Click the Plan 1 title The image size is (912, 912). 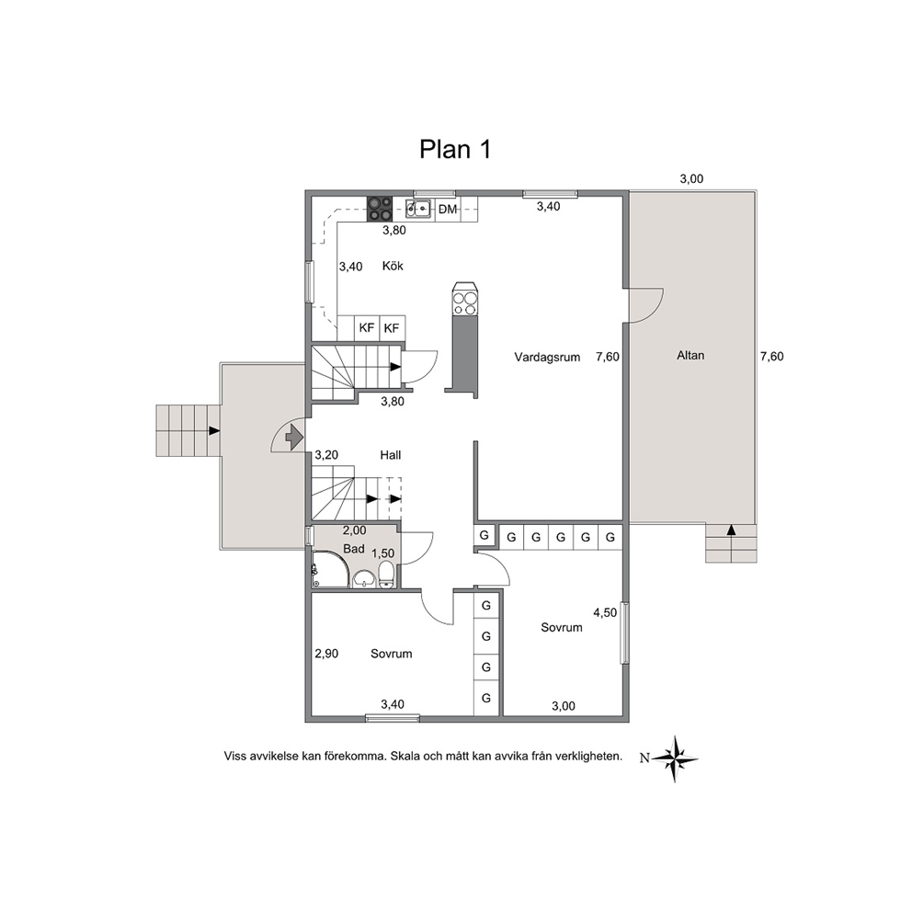tap(455, 150)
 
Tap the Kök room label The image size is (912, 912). tap(393, 266)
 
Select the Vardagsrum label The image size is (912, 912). tap(547, 357)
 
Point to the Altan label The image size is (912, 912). tap(690, 356)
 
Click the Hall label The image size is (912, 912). tap(391, 455)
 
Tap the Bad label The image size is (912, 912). tap(354, 549)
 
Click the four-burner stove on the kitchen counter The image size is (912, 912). tap(379, 209)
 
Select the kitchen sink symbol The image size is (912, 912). tap(418, 208)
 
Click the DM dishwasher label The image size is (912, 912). tap(448, 210)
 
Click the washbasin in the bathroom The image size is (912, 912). tap(364, 578)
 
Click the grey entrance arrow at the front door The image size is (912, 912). tap(294, 435)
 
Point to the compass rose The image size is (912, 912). tap(675, 758)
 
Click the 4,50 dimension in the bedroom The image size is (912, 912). tap(605, 612)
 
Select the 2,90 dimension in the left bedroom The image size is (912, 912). tap(326, 654)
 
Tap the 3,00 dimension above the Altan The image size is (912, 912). tap(691, 179)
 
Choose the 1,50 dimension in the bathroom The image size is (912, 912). tap(382, 553)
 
